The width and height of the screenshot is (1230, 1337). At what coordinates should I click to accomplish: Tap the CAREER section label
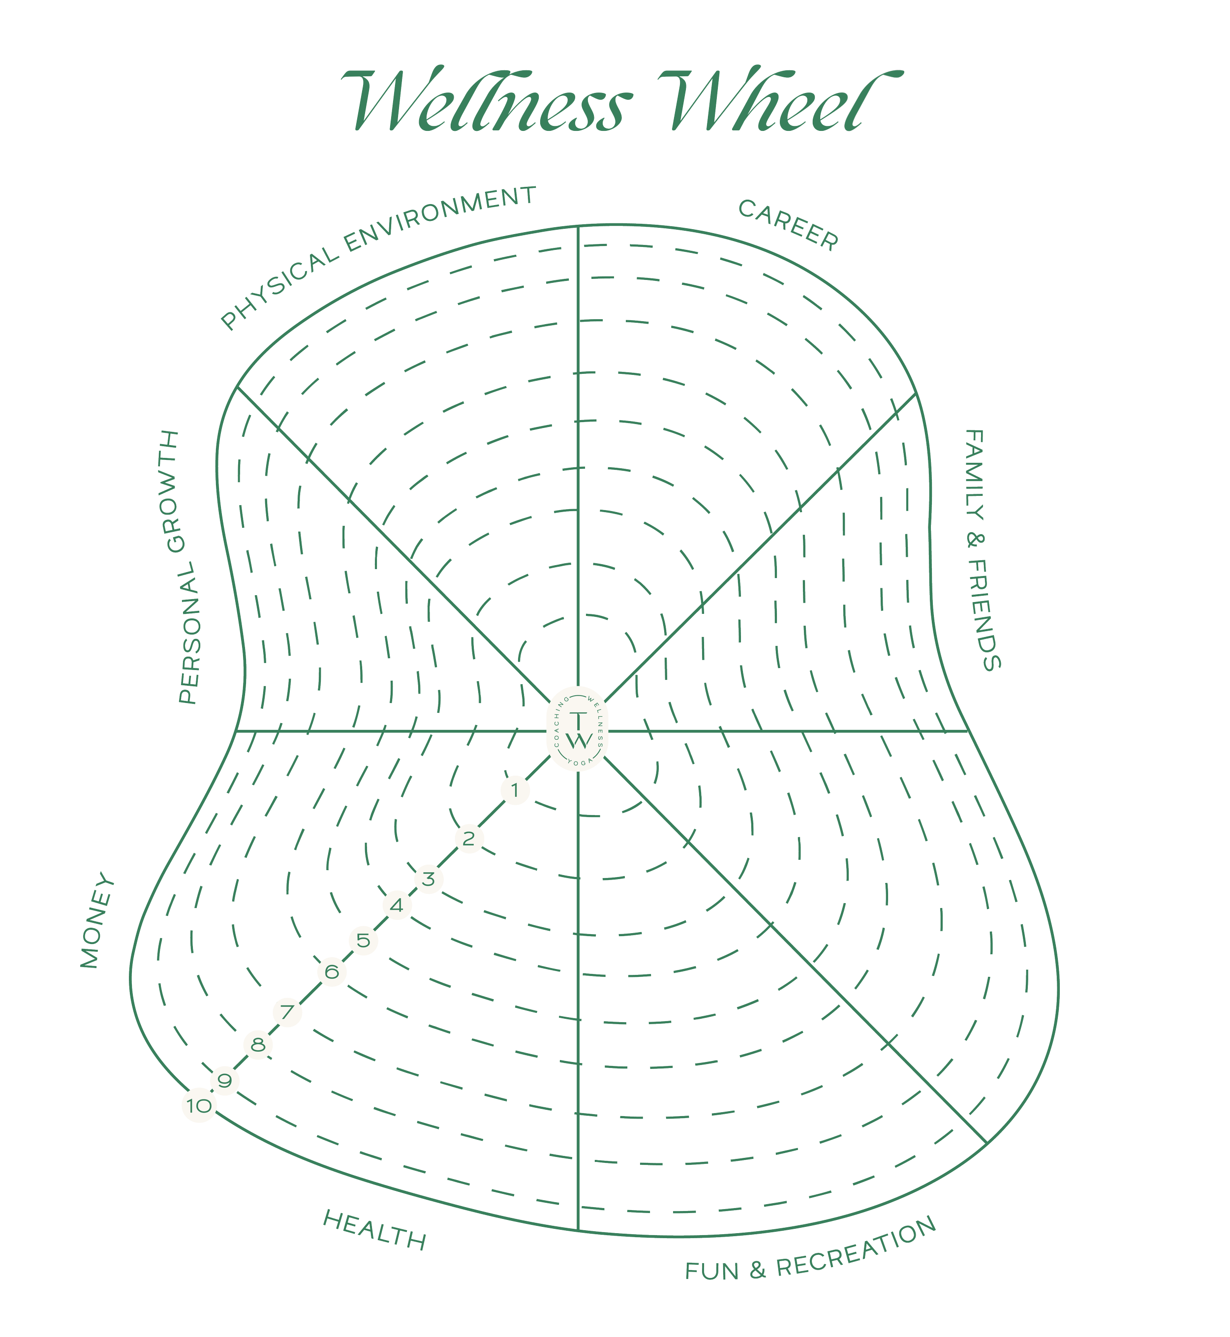point(788,225)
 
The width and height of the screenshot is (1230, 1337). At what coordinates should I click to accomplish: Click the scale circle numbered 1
point(515,790)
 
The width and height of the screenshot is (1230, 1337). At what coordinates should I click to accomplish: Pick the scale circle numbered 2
point(469,839)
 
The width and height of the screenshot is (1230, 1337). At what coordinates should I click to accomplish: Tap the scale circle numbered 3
point(429,879)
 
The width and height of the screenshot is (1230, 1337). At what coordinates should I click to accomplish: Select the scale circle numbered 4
point(397,905)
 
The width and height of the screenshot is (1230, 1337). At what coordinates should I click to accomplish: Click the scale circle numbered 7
point(287,1012)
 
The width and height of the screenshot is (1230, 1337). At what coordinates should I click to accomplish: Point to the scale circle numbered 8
point(258,1045)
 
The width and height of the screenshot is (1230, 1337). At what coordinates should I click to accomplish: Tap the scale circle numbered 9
point(225,1081)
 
